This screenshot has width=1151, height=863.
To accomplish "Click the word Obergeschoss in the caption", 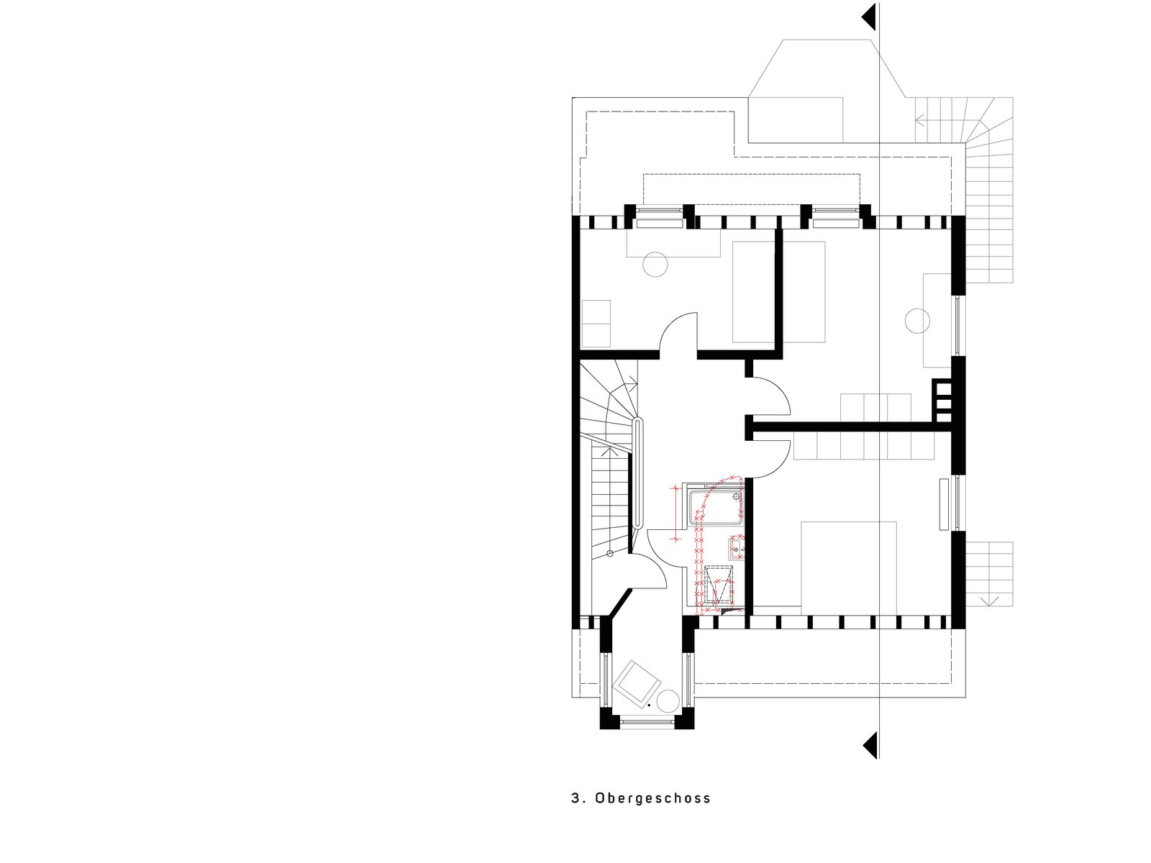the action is coord(653,798).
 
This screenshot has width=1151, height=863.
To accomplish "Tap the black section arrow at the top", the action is coord(871,17).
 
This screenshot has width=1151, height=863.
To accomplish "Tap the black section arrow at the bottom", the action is coord(871,745).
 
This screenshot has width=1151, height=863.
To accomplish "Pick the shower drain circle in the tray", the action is coord(737,496).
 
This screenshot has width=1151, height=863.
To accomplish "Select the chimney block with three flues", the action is coord(942,401).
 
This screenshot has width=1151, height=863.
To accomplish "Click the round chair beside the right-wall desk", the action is coord(917,321).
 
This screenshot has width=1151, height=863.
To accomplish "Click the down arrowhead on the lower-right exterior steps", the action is coord(989,602).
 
